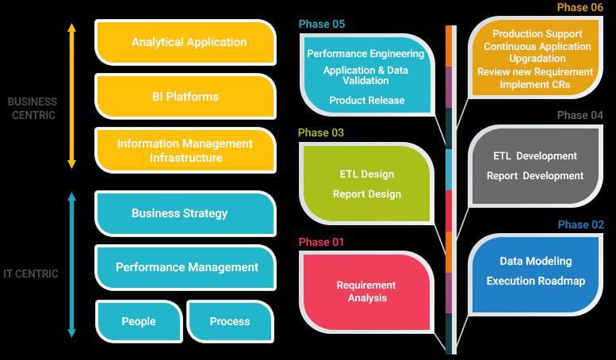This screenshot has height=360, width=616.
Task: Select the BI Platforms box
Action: pyautogui.click(x=186, y=96)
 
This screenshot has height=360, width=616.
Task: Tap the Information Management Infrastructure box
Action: pyautogui.click(x=186, y=151)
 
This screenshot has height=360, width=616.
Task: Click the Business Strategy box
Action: pyautogui.click(x=180, y=213)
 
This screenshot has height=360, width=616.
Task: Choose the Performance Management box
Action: pyautogui.click(x=186, y=267)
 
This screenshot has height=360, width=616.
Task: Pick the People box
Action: pyautogui.click(x=139, y=321)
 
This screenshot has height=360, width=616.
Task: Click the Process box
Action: pyautogui.click(x=230, y=321)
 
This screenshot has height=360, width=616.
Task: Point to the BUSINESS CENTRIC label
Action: pyautogui.click(x=32, y=108)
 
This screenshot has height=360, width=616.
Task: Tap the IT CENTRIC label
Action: pyautogui.click(x=31, y=274)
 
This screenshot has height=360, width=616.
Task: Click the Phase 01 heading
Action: pyautogui.click(x=321, y=242)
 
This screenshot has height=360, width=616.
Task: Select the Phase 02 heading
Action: pyautogui.click(x=580, y=224)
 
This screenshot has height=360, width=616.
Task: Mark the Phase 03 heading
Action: pyautogui.click(x=321, y=132)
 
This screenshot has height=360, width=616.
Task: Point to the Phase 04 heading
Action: pyautogui.click(x=580, y=115)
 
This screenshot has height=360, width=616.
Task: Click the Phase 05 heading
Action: pyautogui.click(x=321, y=24)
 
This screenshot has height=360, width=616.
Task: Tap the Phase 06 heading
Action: pyautogui.click(x=580, y=7)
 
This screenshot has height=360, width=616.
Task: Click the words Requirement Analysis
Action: pyautogui.click(x=366, y=291)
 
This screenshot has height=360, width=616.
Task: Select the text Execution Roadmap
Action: pyautogui.click(x=536, y=281)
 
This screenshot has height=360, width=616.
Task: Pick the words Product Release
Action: pyautogui.click(x=367, y=100)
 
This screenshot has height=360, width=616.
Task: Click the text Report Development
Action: pyautogui.click(x=535, y=175)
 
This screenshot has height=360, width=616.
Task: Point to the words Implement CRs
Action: pyautogui.click(x=535, y=84)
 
